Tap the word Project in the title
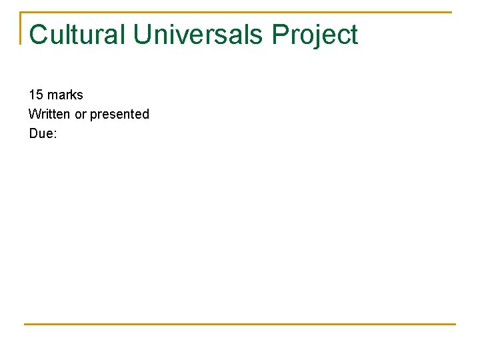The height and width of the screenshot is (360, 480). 315,35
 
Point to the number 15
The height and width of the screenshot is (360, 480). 36,95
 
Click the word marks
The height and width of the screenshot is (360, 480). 65,95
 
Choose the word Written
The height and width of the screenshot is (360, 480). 49,114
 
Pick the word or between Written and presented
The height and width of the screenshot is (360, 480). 80,114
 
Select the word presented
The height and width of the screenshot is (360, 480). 119,114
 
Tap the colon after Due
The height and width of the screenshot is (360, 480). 55,134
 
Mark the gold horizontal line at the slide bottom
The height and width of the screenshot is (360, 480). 240,324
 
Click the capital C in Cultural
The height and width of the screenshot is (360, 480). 39,35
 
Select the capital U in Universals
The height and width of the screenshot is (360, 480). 143,35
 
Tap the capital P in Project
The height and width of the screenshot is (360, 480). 280,35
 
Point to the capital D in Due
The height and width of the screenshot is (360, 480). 34,133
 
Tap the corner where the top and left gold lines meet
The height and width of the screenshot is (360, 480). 21,12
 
